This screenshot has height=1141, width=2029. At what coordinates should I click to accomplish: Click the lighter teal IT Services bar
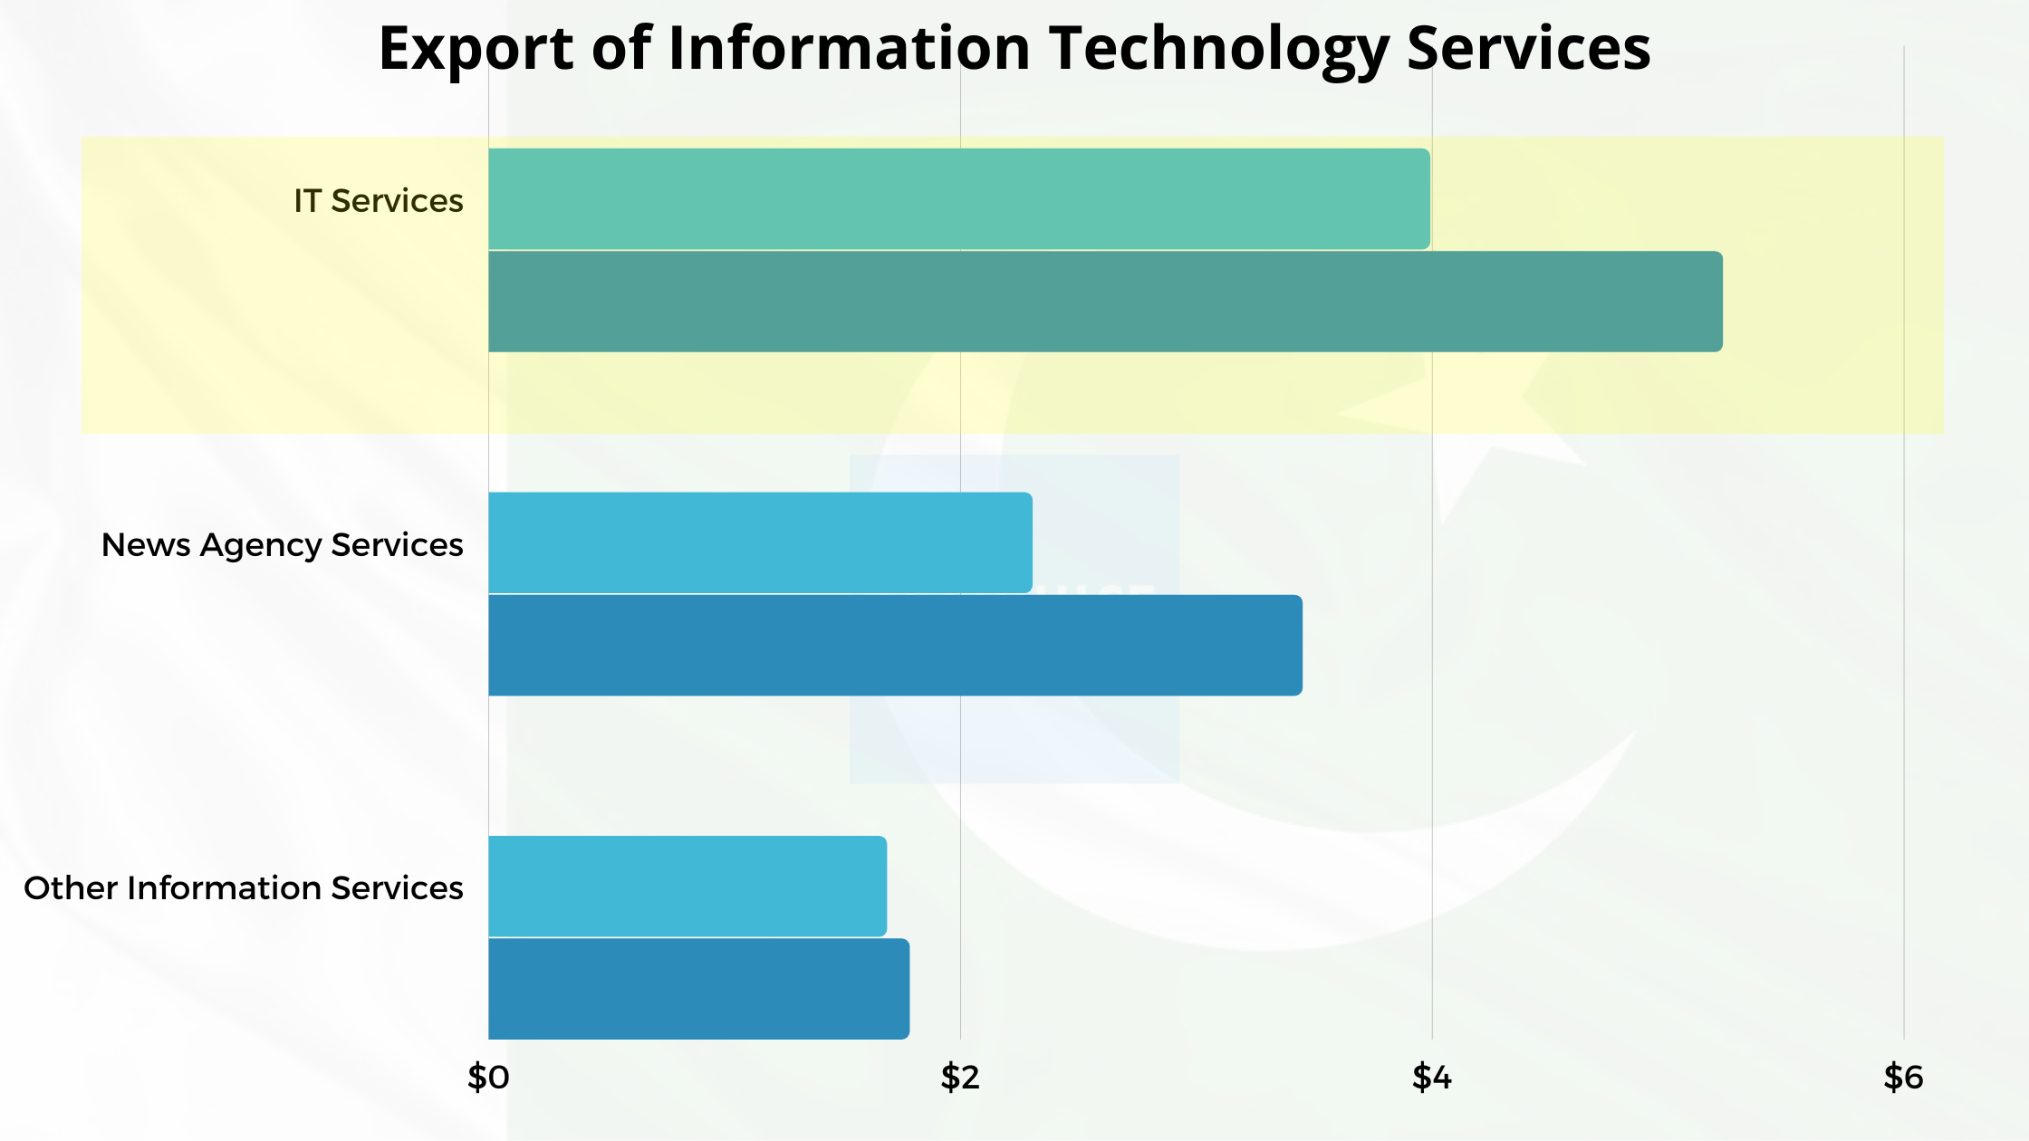(958, 198)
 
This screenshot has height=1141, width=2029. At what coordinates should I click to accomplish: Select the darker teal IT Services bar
(1105, 302)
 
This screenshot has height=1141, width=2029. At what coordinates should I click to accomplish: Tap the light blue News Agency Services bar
(759, 542)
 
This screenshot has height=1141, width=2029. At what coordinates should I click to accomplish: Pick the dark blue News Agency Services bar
(895, 645)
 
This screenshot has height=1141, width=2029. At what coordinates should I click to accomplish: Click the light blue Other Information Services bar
(687, 886)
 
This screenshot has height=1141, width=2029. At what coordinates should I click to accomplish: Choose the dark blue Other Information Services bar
(698, 988)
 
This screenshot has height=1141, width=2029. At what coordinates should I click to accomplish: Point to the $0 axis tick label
(488, 1077)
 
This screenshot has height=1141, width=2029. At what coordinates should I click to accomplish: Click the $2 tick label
(960, 1077)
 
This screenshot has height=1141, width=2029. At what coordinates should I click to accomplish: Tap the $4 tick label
(1432, 1077)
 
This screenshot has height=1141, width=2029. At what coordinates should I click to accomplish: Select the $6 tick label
(1903, 1077)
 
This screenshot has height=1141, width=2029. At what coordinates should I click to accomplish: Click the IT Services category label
(378, 200)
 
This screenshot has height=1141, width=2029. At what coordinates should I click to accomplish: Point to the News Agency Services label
(282, 544)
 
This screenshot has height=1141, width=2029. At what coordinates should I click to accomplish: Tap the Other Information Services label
(243, 887)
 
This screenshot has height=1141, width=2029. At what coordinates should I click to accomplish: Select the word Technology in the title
(1219, 48)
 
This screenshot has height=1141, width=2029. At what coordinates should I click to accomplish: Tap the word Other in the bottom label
(71, 887)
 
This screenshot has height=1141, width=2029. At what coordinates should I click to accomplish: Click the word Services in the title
(1528, 48)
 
